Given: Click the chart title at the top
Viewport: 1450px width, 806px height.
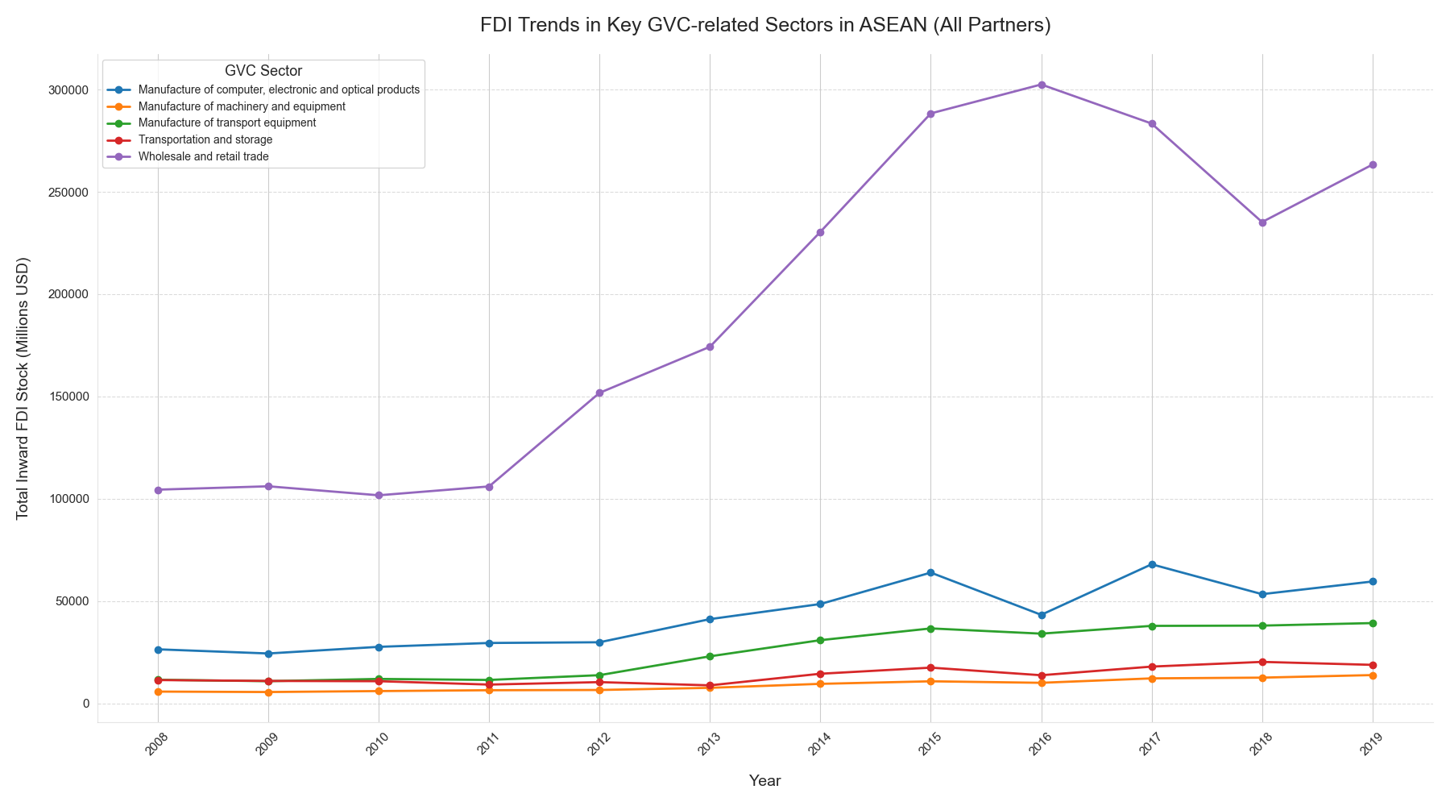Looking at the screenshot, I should [x=765, y=25].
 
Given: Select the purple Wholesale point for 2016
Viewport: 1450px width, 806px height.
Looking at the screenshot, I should [x=1042, y=85].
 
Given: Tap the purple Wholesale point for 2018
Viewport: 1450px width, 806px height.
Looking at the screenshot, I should [x=1262, y=222].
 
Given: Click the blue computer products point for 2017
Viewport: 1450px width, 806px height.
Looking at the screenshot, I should [x=1152, y=564].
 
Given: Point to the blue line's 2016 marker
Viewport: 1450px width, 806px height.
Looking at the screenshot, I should [x=1042, y=615].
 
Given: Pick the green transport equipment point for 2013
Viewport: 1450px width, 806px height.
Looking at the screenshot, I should [x=710, y=656].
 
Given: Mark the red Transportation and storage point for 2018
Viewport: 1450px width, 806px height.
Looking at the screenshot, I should [x=1262, y=662].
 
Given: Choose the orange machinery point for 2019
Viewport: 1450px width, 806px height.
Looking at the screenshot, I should [x=1373, y=675].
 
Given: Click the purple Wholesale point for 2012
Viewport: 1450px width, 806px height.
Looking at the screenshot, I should [x=599, y=393].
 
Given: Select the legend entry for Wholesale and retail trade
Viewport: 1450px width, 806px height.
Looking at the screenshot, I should [x=203, y=156].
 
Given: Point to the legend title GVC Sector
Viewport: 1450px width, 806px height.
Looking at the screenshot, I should [x=263, y=71].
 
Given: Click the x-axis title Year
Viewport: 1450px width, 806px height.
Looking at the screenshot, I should [x=764, y=780].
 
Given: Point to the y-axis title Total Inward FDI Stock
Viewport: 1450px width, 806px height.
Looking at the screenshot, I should [x=23, y=388].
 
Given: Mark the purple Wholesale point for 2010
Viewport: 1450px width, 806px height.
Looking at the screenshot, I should [x=379, y=495].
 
